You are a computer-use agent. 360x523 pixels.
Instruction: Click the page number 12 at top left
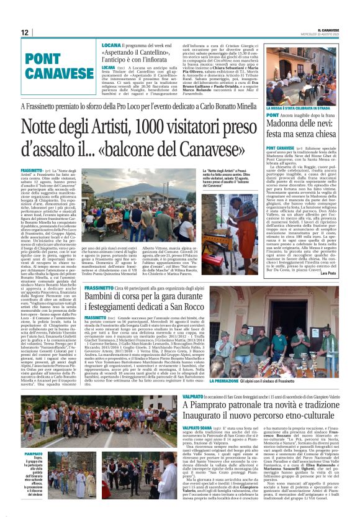point(24,32)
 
